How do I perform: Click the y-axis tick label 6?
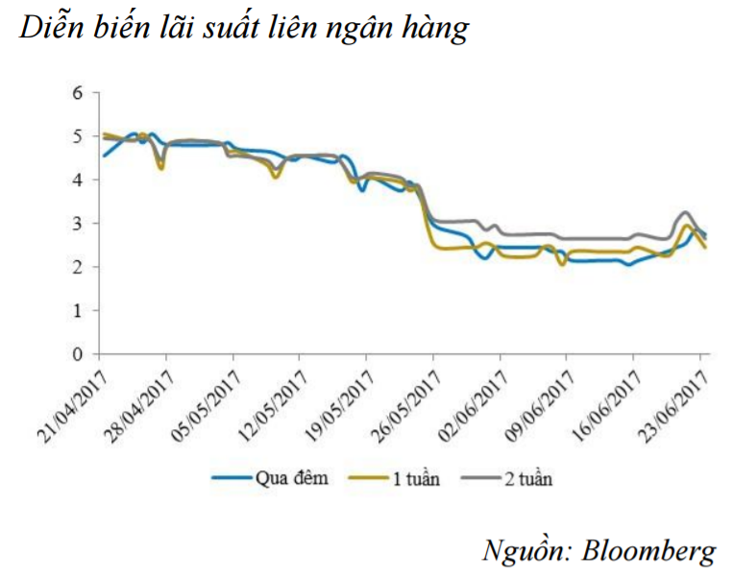pos(80,93)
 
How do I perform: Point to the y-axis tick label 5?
pos(80,136)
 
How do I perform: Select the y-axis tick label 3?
pos(80,224)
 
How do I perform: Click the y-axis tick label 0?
pos(80,354)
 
